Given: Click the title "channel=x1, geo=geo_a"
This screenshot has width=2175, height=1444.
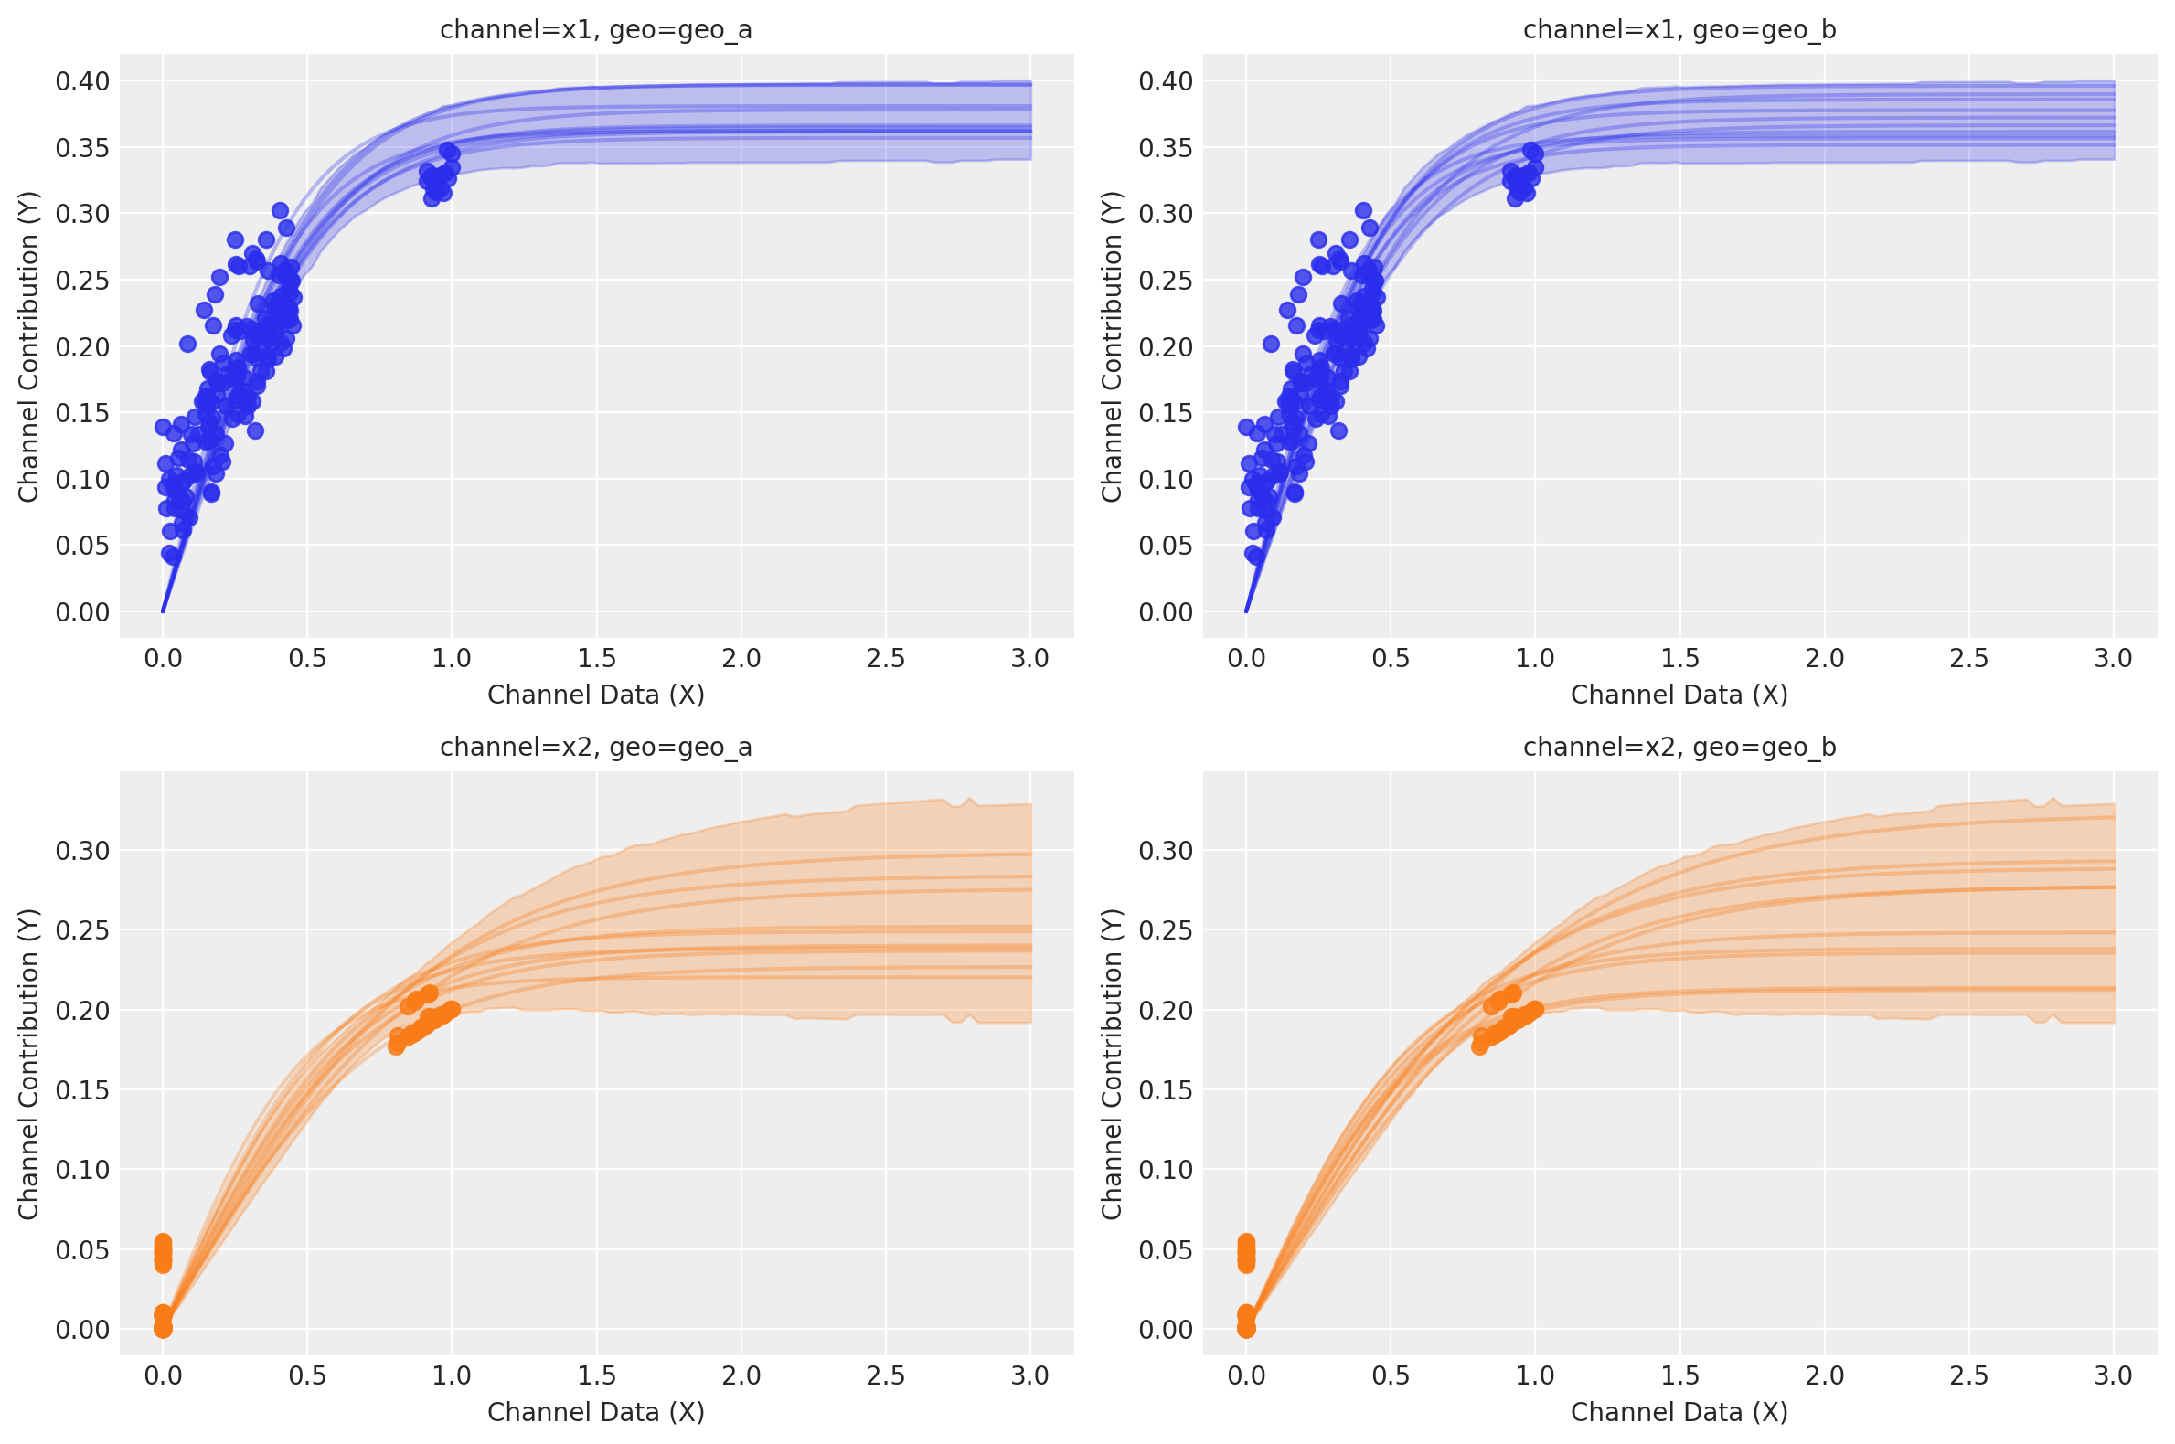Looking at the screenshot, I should [596, 30].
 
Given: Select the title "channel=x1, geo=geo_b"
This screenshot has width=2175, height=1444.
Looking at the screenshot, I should [1679, 30].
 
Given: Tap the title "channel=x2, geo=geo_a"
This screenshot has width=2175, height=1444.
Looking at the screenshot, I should [596, 747].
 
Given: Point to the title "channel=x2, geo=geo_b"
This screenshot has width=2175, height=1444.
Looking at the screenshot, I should [1679, 747].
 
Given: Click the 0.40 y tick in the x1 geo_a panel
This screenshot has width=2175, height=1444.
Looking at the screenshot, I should [82, 81].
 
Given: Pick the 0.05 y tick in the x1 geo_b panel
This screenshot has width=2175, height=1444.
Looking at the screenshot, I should [1166, 546].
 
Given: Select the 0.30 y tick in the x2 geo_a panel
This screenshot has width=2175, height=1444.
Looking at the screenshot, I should [82, 850].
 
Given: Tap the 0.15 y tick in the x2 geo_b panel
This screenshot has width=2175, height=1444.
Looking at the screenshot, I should [1166, 1089].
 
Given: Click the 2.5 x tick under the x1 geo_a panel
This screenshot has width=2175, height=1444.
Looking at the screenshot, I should [885, 658].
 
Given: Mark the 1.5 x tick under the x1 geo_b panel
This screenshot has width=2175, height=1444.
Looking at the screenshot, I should [1679, 658].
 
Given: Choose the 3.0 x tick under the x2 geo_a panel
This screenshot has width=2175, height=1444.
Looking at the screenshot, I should [1030, 1375].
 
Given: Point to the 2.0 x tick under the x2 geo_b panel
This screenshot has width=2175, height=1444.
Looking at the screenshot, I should [1824, 1375].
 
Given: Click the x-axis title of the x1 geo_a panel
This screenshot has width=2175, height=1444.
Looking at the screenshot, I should [596, 695].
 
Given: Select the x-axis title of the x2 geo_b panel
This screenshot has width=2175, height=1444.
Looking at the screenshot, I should [1679, 1412].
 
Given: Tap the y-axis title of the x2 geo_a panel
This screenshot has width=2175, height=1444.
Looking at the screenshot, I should [28, 1064].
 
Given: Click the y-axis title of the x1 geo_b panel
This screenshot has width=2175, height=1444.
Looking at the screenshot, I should [1112, 346].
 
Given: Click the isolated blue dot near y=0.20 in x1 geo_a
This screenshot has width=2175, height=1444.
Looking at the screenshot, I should [188, 344].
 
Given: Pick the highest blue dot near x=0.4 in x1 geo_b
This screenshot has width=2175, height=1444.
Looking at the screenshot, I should [1363, 211].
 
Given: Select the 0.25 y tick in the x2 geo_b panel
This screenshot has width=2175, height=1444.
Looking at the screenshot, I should [1166, 930].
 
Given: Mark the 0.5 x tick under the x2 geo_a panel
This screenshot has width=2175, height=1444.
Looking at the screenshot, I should [307, 1375].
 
